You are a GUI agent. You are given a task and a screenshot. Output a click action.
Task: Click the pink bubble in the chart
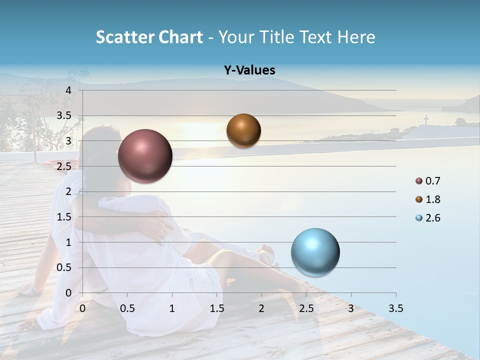145,156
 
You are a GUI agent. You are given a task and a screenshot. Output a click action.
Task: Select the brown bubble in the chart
243,130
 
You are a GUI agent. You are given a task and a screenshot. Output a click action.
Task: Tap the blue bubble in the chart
315,252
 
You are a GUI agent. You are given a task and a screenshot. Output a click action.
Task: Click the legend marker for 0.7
419,181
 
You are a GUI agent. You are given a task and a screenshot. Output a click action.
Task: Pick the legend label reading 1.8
432,199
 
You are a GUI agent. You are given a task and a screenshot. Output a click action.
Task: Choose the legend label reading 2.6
432,218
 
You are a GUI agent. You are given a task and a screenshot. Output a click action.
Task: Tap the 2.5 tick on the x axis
306,308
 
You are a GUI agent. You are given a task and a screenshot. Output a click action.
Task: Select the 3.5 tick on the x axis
395,308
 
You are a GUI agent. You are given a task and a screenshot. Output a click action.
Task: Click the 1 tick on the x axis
172,308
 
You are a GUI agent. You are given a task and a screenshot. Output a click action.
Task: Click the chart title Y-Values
249,70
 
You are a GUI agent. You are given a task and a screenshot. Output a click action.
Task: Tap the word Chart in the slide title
180,37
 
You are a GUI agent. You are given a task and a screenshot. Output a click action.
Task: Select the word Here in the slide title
356,37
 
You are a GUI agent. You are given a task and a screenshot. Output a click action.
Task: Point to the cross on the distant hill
426,120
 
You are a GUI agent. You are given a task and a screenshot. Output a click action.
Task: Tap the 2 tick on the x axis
261,308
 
